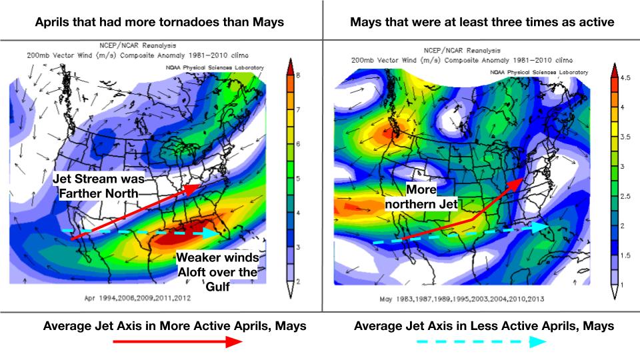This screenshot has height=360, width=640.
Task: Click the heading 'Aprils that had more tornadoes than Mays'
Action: pos(160,22)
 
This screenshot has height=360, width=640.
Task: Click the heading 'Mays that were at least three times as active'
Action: pos(481,22)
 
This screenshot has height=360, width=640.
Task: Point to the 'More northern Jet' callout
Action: pos(422,197)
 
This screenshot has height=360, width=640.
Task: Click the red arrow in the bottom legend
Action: pos(177,343)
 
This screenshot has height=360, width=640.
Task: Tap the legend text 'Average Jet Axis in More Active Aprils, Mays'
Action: pos(175,326)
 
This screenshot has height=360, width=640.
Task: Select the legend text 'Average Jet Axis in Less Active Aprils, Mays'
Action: pos(484,326)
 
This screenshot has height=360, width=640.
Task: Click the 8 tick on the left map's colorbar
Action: pos(299,76)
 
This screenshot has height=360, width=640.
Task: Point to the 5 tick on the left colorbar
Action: pos(299,179)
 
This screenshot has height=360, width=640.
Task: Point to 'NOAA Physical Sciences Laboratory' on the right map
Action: pos(539,72)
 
